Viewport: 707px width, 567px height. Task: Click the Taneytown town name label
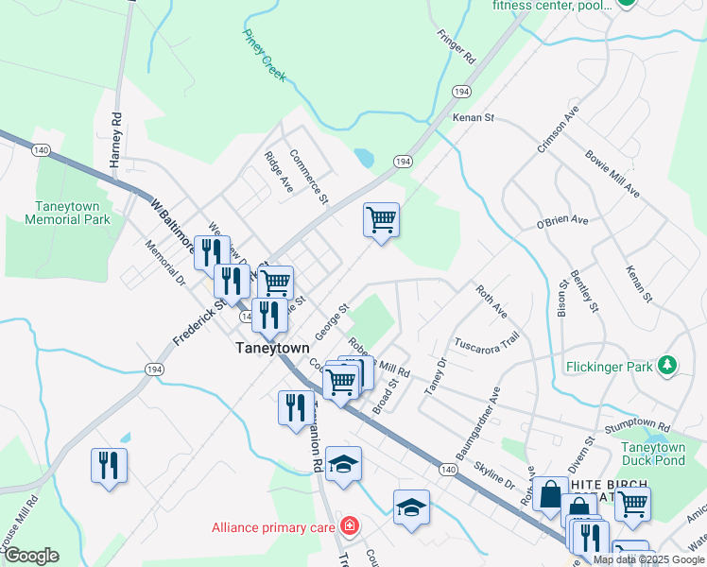click(272, 348)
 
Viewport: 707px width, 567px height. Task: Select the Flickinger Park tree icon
click(668, 365)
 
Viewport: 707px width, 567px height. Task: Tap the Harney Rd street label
click(116, 141)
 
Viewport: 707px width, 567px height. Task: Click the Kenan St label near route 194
click(474, 118)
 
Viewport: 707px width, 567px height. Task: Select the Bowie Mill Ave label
click(612, 173)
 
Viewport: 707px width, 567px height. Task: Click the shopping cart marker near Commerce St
click(381, 219)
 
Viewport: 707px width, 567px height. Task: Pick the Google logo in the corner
click(31, 556)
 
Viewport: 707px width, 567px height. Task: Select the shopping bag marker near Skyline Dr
click(549, 493)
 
